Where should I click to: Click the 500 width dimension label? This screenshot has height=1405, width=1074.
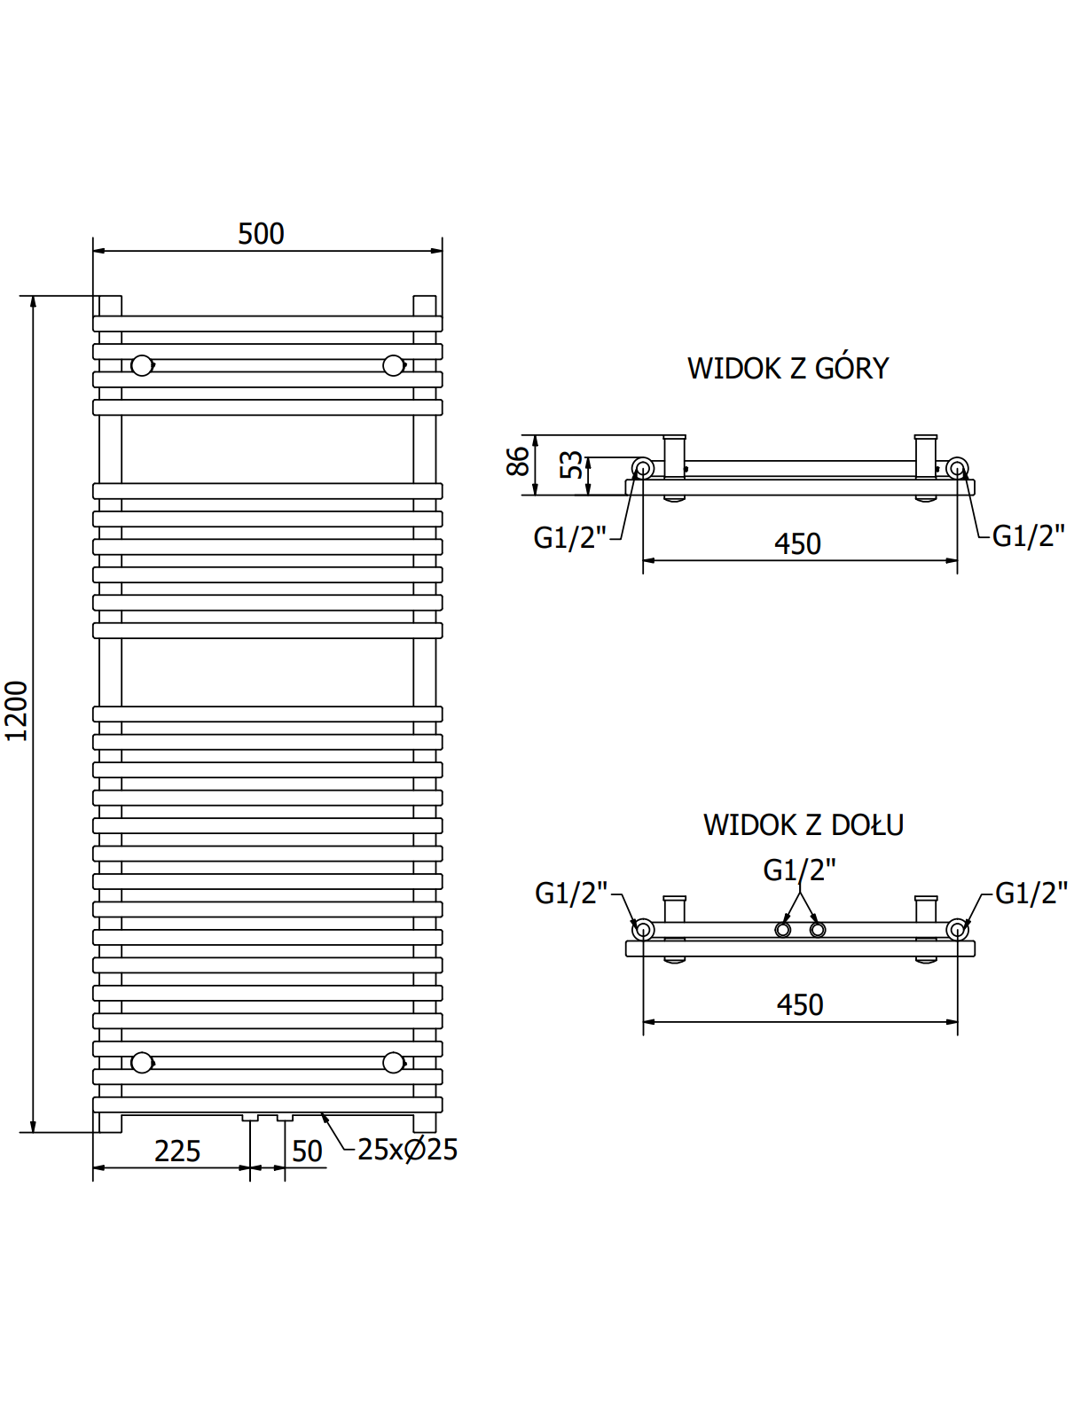click(x=261, y=234)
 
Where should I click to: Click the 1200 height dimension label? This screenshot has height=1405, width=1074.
click(x=17, y=711)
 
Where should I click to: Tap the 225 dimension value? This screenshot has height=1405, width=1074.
click(x=177, y=1151)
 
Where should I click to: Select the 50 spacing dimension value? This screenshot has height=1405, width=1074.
click(x=307, y=1151)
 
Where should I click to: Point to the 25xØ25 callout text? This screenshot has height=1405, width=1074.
click(x=407, y=1150)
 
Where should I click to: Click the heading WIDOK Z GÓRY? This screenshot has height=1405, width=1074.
click(x=788, y=369)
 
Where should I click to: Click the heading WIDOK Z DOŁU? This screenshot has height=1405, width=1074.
click(x=803, y=825)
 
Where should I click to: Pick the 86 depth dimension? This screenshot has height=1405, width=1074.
click(x=518, y=462)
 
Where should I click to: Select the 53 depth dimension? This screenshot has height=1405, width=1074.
click(x=572, y=464)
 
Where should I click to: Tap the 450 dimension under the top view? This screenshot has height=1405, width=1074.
click(x=797, y=544)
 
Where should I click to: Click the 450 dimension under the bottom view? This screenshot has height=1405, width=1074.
click(x=800, y=1005)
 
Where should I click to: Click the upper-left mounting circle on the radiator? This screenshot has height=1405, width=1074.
click(x=142, y=365)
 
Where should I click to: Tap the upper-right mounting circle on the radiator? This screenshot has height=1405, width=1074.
click(x=393, y=365)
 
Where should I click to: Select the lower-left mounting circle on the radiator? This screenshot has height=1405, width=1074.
click(x=142, y=1062)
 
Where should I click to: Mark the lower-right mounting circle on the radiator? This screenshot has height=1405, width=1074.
click(x=393, y=1062)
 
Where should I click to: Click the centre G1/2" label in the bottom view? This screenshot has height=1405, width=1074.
click(x=799, y=870)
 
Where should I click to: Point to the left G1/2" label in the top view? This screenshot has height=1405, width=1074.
click(x=569, y=538)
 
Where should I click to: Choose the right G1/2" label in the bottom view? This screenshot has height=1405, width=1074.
click(x=1031, y=894)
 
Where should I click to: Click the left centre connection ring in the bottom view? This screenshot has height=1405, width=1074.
click(x=782, y=929)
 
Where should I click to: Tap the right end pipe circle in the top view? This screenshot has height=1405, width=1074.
click(x=957, y=467)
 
